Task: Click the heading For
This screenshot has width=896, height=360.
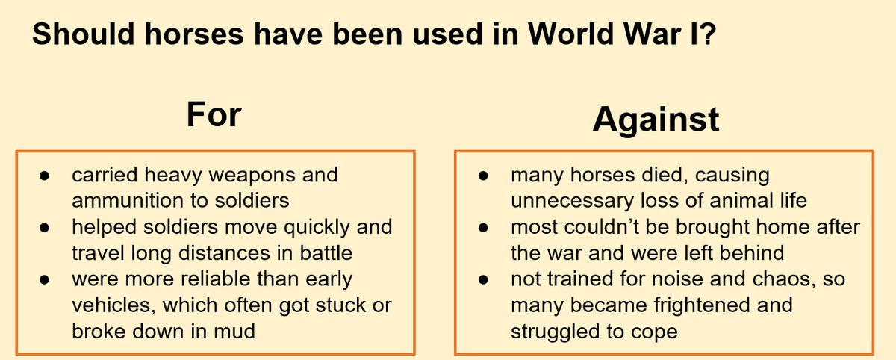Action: pyautogui.click(x=214, y=114)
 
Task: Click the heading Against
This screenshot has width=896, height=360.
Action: pyautogui.click(x=656, y=120)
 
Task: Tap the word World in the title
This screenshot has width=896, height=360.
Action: pyautogui.click(x=570, y=34)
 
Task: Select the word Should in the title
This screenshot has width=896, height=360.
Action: pyautogui.click(x=83, y=34)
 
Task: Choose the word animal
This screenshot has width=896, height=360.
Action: pyautogui.click(x=741, y=200)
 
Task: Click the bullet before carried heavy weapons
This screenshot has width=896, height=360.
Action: pyautogui.click(x=44, y=176)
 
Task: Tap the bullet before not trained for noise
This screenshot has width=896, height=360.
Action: pyautogui.click(x=483, y=279)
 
